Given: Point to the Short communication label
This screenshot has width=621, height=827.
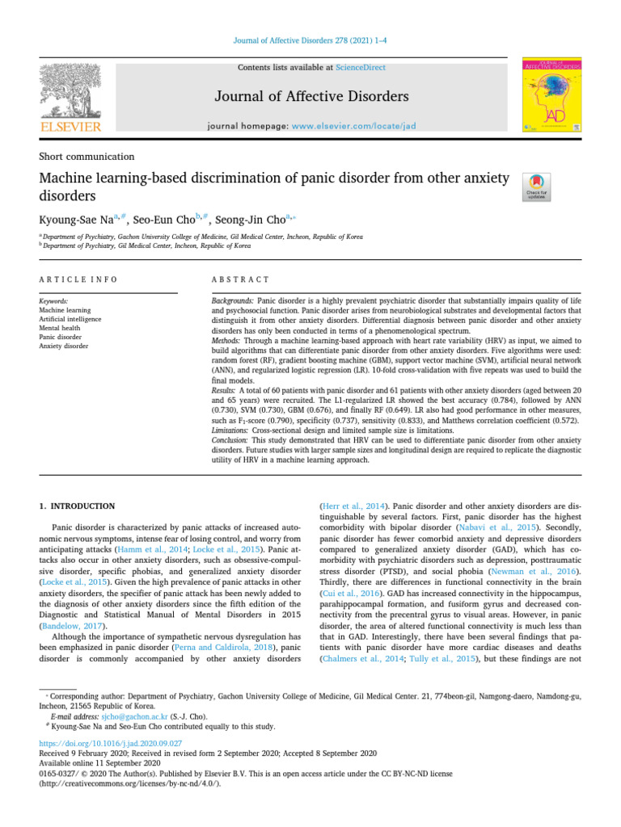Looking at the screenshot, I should tap(87, 157).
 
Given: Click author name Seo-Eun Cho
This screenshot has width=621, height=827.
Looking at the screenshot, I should tap(163, 219).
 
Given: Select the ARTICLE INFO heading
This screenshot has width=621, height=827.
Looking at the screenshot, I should tap(78, 279).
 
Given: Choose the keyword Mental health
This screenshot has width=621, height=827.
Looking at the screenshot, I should tap(61, 328).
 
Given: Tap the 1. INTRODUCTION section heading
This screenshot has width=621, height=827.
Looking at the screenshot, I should tap(78, 506).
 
